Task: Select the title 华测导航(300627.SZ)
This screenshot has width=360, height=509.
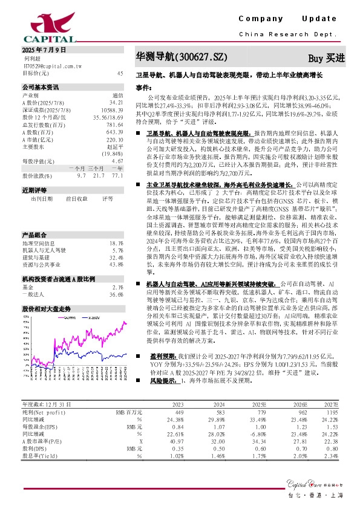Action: coord(182,57)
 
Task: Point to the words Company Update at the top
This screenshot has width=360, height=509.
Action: coord(292,19)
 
